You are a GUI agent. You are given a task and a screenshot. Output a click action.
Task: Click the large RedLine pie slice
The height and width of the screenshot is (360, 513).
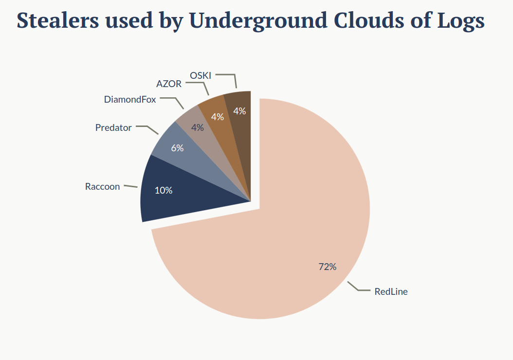pos(292,219)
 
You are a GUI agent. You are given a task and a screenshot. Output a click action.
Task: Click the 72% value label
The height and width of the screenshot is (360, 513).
pos(327,267)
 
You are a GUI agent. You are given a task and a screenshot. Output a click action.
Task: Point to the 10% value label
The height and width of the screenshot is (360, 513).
pos(164,190)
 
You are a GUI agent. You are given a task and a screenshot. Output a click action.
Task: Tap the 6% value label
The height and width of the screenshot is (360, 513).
pos(177,148)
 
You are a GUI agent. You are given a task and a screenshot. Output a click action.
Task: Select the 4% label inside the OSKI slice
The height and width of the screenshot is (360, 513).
pos(239,111)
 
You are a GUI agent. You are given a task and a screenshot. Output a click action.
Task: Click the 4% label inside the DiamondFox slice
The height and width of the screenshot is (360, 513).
pos(198,127)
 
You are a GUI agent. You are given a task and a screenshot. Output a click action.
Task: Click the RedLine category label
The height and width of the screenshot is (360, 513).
pos(391,292)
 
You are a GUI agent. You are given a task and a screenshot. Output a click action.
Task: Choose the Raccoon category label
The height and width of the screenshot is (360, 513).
pos(102,186)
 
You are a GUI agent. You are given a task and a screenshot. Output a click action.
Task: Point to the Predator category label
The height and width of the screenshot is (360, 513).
pos(113,127)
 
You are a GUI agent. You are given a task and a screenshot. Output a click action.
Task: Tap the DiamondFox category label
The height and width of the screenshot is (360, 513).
pos(130,100)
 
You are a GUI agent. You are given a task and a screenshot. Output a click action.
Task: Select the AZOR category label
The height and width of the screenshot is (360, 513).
pos(169,84)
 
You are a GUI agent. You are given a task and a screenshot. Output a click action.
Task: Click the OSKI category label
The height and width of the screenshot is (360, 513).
pos(200,75)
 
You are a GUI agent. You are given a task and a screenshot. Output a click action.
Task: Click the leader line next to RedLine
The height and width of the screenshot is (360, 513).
pos(360,288)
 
